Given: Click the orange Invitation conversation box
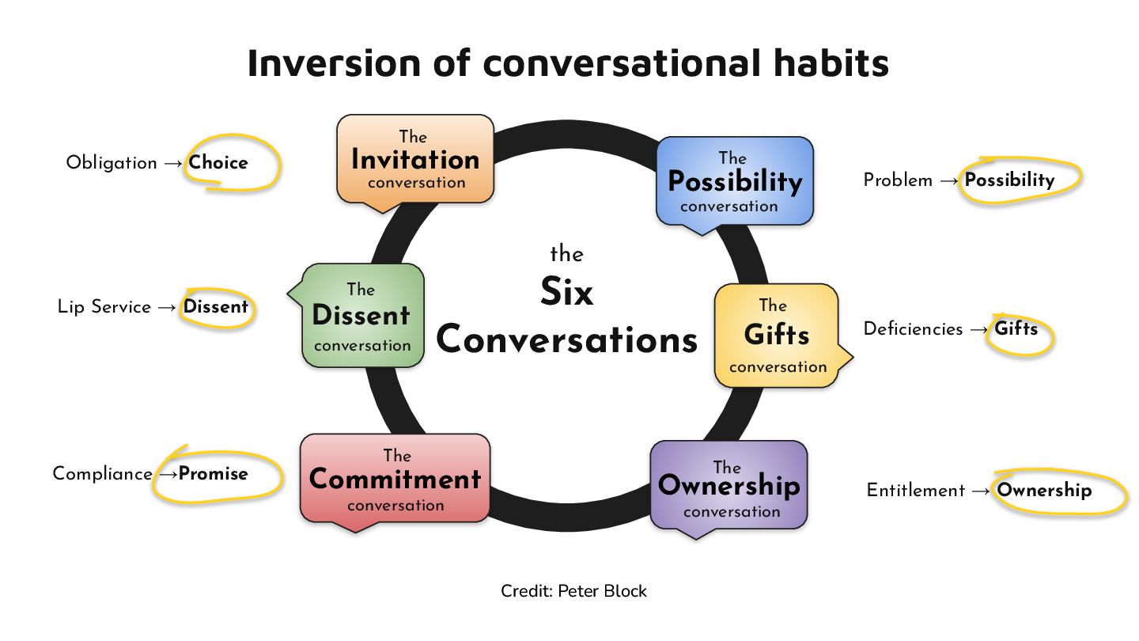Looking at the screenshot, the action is pyautogui.click(x=415, y=161).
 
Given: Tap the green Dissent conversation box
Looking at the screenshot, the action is pyautogui.click(x=362, y=317).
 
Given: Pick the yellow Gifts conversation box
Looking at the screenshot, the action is pyautogui.click(x=776, y=336).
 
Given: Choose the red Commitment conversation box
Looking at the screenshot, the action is pyautogui.click(x=395, y=480).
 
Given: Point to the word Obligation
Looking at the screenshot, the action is pyautogui.click(x=112, y=163).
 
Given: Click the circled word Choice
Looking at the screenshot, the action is pyautogui.click(x=218, y=163).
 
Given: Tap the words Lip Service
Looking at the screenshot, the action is pyautogui.click(x=104, y=307).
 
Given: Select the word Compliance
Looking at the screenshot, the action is pyautogui.click(x=102, y=474).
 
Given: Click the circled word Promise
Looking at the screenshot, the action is pyautogui.click(x=214, y=474).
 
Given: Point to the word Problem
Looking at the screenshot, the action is pyautogui.click(x=898, y=180).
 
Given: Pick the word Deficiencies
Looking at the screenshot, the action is pyautogui.click(x=913, y=329).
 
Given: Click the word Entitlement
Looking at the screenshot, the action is pyautogui.click(x=915, y=491).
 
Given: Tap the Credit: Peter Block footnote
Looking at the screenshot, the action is pyautogui.click(x=573, y=591).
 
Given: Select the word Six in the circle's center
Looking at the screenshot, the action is pyautogui.click(x=566, y=293).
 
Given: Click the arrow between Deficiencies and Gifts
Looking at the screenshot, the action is pyautogui.click(x=979, y=329).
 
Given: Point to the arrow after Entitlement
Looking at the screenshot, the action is pyautogui.click(x=981, y=491).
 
